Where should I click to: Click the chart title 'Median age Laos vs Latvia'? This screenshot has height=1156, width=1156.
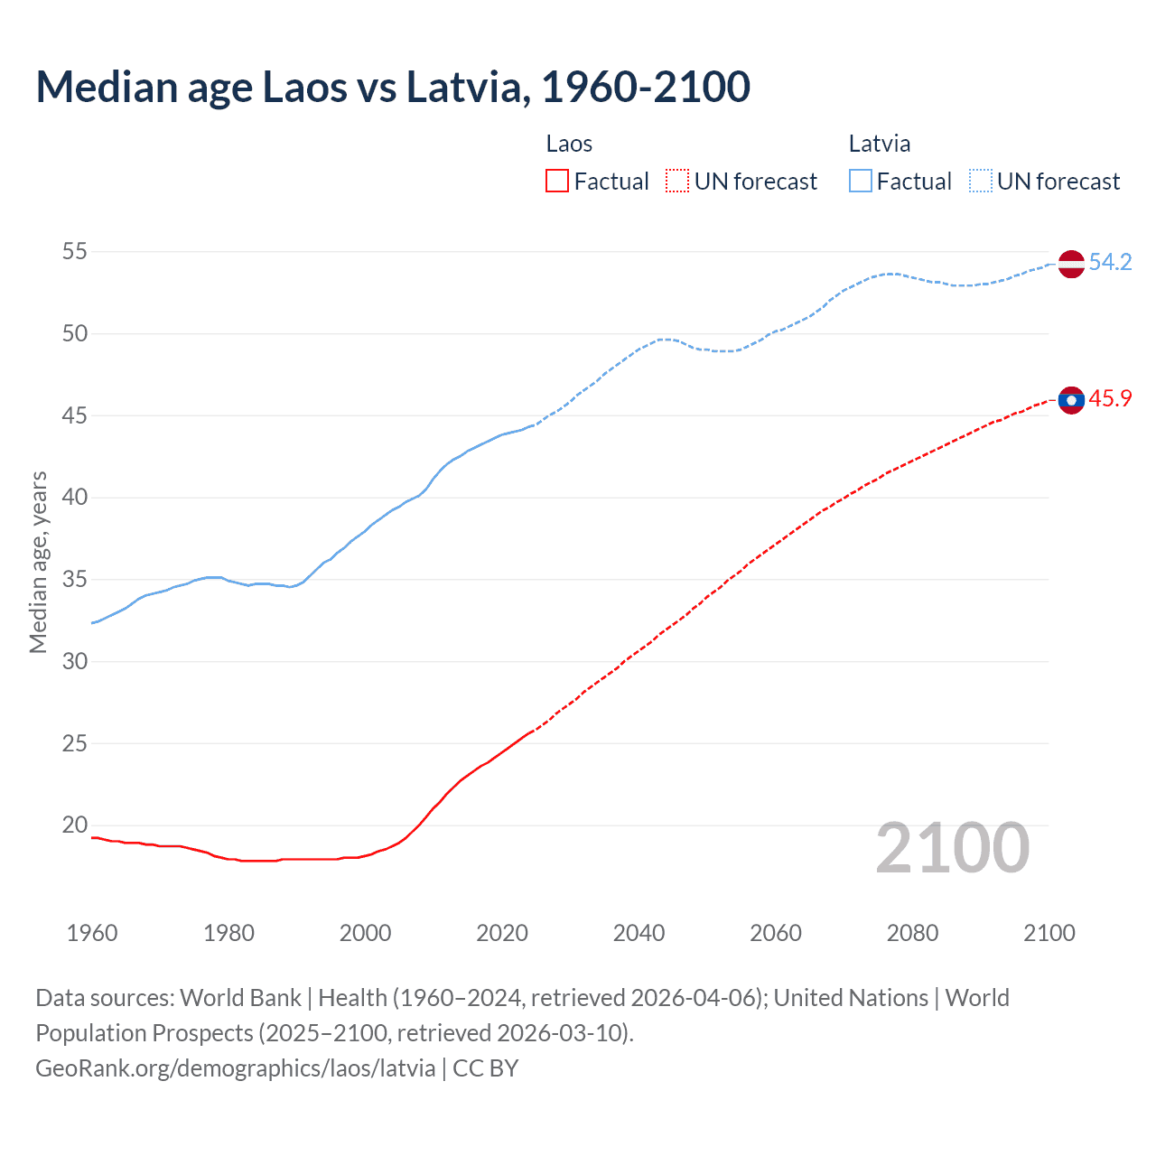393,88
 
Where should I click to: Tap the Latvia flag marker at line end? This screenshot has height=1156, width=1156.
1071,264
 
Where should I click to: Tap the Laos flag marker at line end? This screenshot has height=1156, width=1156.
1071,400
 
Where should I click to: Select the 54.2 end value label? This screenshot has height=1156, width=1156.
1110,263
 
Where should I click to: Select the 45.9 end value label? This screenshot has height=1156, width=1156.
1110,399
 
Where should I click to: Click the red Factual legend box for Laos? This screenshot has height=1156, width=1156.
557,182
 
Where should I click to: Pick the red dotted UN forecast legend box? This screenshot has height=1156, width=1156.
677,182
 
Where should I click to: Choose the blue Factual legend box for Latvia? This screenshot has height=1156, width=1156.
861,182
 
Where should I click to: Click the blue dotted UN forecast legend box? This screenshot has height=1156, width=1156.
980,182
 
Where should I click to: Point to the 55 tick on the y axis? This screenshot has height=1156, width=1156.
75,252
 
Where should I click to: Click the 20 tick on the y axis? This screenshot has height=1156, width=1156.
75,825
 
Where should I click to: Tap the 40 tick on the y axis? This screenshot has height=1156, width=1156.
75,498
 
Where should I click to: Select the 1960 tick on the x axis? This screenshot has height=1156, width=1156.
92,933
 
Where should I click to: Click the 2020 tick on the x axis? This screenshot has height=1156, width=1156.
502,933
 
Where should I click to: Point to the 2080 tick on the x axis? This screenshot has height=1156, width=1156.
912,933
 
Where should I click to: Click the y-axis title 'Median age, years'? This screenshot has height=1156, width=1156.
38,562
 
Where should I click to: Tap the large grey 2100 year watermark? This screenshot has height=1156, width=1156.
953,848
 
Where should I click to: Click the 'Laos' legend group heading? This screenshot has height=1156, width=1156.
569,144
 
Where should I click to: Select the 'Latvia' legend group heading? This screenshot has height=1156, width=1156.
880,144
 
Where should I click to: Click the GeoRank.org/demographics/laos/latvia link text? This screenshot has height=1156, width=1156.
236,1068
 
